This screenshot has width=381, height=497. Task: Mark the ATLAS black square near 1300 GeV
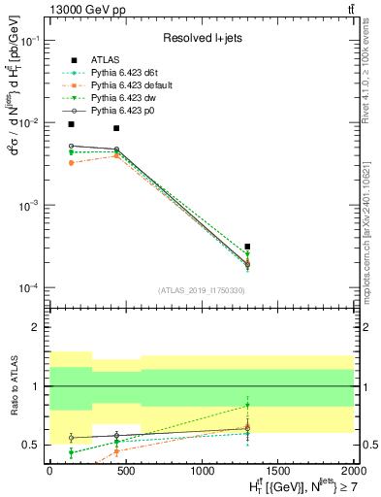tap(247, 247)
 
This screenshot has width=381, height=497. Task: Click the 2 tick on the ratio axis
tap(36, 327)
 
